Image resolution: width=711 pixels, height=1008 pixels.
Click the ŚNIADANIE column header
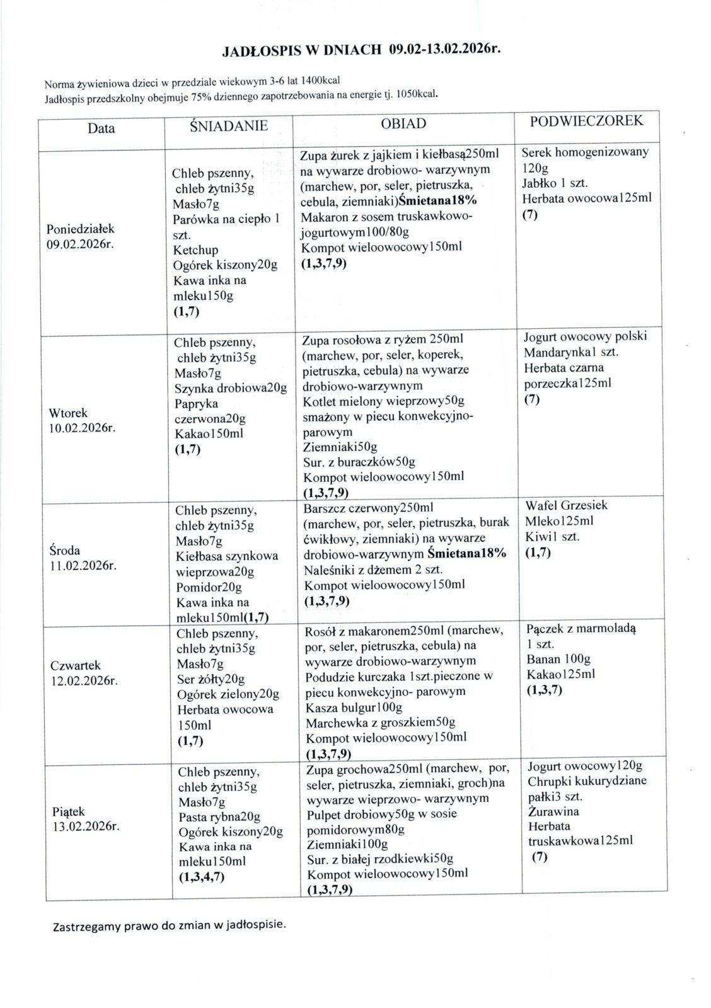point(229,126)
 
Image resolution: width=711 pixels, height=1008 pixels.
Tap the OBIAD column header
point(403,124)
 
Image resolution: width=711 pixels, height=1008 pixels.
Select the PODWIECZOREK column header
point(586,121)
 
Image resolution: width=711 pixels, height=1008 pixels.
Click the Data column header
point(101,129)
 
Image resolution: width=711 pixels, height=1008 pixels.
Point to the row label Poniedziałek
point(81,229)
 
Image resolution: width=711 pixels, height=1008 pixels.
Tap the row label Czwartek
point(75,665)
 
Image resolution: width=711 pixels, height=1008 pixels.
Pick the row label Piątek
point(69,812)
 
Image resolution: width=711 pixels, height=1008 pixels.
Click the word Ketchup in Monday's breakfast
point(195,249)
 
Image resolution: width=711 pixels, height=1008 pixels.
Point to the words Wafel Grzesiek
point(566,505)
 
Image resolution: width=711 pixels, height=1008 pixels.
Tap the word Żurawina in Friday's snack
point(554,811)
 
